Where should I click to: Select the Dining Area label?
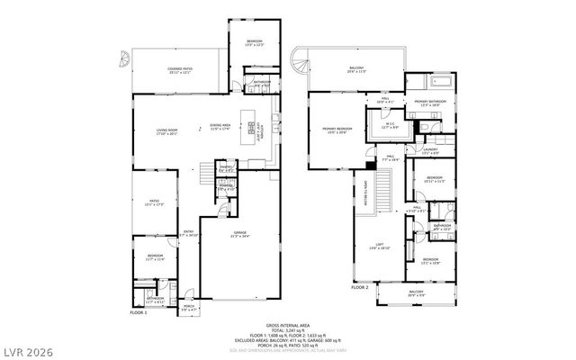coord(220,126)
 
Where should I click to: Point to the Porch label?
coord(189,306)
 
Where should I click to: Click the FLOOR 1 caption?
coord(138,312)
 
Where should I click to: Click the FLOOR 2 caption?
coord(361,287)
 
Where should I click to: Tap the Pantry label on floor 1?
coord(227,169)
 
